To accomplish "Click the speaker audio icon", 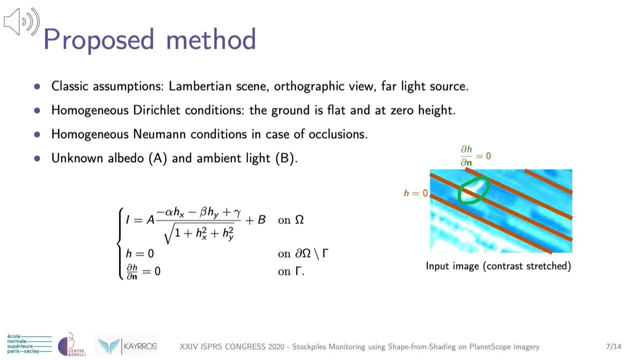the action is coord(22,22).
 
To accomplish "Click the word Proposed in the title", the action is coord(99,40).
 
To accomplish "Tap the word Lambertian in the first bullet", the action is coord(200,86).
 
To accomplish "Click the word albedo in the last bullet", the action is coord(126,158).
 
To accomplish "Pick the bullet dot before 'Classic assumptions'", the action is coord(37,87).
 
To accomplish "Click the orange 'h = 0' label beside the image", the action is coord(416,193).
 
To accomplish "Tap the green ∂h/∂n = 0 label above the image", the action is coord(475,156).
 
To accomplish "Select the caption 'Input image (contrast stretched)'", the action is coord(498,266).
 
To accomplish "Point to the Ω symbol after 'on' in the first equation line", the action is coord(299,220).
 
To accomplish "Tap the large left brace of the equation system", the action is coord(120,243).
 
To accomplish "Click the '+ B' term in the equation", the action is coord(255,220).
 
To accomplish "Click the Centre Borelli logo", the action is coord(72,344).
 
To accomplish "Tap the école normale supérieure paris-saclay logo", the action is coord(30,343).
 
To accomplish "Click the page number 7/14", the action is coord(613,346).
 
